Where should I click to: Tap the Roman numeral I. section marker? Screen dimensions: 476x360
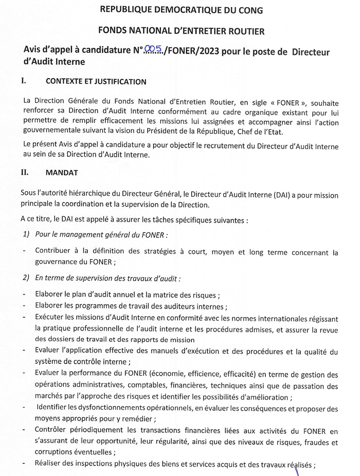coord(23,81)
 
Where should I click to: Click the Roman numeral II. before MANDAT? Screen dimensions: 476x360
coord(25,173)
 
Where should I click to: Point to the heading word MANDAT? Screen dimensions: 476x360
coord(62,173)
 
